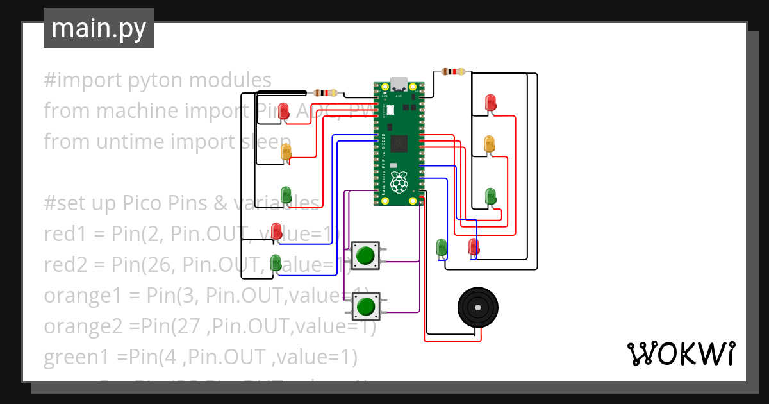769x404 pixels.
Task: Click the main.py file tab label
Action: [99, 28]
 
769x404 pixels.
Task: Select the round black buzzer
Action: [478, 308]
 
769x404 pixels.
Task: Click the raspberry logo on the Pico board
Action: [399, 181]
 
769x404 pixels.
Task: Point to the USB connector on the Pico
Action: [399, 84]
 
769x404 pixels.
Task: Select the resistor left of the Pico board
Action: [326, 92]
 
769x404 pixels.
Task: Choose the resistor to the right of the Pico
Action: [454, 71]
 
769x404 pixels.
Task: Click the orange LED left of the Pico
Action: [286, 153]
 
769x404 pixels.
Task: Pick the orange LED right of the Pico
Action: [489, 144]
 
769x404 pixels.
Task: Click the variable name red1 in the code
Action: [65, 234]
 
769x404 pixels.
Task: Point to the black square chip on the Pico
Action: [399, 145]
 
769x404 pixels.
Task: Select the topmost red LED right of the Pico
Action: [490, 102]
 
